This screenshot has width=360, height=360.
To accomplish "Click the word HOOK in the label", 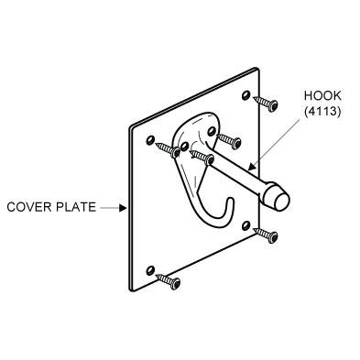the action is pyautogui.click(x=322, y=95).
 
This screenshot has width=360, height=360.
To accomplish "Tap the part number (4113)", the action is pyautogui.click(x=322, y=112).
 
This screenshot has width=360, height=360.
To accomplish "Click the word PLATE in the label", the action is pyautogui.click(x=73, y=207).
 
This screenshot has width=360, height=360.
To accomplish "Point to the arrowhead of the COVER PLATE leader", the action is pyautogui.click(x=123, y=208).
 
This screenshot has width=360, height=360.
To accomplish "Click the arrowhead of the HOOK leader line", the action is pyautogui.click(x=251, y=167).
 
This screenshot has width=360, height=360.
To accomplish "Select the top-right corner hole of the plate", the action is pyautogui.click(x=245, y=95).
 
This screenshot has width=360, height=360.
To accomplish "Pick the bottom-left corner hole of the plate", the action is pyautogui.click(x=150, y=270).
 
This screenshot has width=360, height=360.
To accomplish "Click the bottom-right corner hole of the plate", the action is pyautogui.click(x=245, y=225).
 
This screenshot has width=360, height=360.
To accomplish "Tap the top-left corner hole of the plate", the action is pyautogui.click(x=149, y=140).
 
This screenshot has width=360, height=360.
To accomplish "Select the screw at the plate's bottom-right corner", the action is pyautogui.click(x=266, y=235).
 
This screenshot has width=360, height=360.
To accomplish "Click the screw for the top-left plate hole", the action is pyautogui.click(x=168, y=148).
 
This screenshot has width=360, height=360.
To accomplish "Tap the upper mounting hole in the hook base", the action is pyautogui.click(x=212, y=132).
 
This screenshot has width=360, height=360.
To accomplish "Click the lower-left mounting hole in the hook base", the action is pyautogui.click(x=184, y=147).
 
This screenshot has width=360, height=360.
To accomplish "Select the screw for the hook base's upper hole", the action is pyautogui.click(x=229, y=140).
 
